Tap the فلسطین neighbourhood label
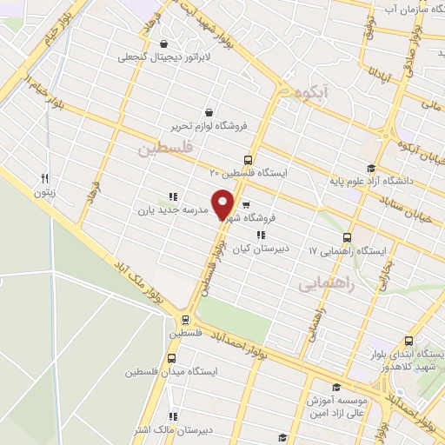point(162,149)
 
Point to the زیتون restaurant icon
point(43,179)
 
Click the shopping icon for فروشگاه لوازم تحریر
point(209,112)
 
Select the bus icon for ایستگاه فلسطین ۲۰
point(248,160)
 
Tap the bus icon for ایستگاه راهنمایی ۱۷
point(348,237)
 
